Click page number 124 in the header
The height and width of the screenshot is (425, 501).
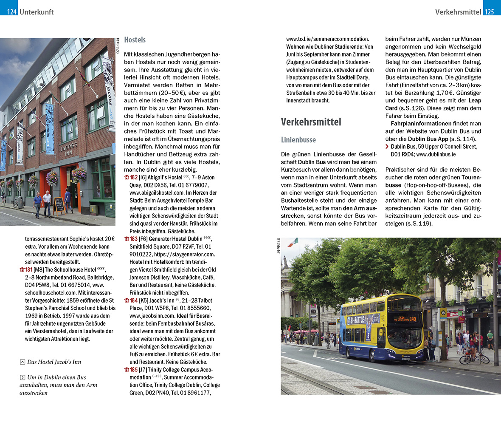click(x=11, y=12)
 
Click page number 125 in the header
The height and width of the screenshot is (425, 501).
click(x=490, y=12)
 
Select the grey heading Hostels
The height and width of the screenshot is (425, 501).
click(x=135, y=40)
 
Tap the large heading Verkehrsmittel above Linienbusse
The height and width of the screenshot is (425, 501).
click(x=311, y=122)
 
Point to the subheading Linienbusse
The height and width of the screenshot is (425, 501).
click(x=298, y=140)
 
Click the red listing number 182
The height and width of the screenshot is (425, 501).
click(x=133, y=177)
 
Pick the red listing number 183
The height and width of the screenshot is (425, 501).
click(x=133, y=239)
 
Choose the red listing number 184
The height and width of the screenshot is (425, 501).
click(x=133, y=300)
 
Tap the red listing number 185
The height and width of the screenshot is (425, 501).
click(x=133, y=370)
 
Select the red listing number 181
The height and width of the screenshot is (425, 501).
click(x=29, y=269)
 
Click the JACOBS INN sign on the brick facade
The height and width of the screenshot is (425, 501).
click(x=69, y=149)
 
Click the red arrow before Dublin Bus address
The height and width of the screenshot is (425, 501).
click(x=387, y=147)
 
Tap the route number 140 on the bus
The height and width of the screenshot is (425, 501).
click(x=413, y=319)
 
